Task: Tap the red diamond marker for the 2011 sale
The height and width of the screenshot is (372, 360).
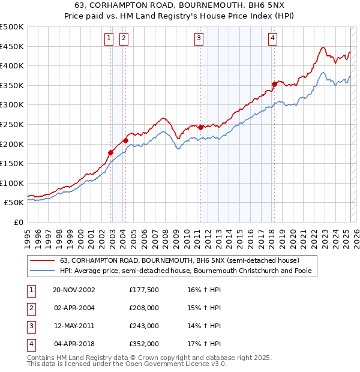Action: click(x=200, y=127)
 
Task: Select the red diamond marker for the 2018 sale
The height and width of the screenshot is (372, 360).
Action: click(x=274, y=84)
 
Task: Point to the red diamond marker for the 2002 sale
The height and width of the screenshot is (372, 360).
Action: click(x=111, y=152)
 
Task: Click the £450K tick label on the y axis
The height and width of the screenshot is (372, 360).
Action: click(x=12, y=46)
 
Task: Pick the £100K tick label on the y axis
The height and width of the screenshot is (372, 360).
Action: click(x=12, y=183)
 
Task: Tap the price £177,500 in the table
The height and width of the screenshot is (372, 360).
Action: click(x=143, y=290)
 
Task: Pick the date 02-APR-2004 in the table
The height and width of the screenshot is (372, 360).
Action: click(x=74, y=308)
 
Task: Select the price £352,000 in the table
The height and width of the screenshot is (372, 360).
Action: click(x=143, y=344)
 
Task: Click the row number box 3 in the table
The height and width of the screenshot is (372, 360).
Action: click(x=31, y=326)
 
